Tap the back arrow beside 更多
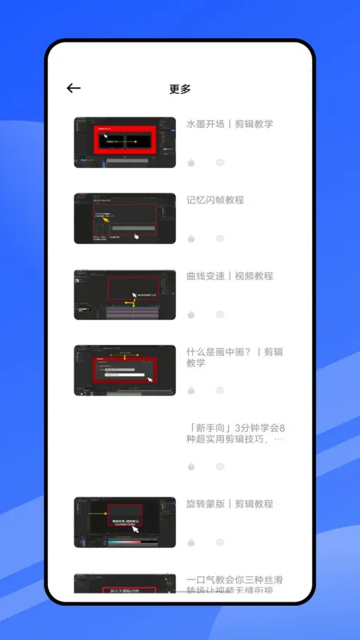tap(74, 89)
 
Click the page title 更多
tap(180, 89)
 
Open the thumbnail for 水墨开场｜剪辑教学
tap(125, 142)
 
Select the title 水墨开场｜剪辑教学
tap(230, 124)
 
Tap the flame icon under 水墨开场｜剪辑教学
tap(191, 162)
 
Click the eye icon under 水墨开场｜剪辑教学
tap(220, 162)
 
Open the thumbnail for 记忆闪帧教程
tap(125, 218)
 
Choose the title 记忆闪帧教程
tap(215, 200)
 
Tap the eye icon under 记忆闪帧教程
tap(220, 238)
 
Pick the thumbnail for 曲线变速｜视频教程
tap(125, 294)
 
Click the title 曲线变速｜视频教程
tap(230, 276)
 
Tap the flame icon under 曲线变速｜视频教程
tap(191, 314)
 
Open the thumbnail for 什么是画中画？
tap(125, 370)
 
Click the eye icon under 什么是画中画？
tap(220, 390)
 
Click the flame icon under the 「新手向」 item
tap(191, 466)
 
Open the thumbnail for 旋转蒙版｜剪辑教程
tap(125, 522)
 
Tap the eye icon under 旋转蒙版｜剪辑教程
tap(220, 542)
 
